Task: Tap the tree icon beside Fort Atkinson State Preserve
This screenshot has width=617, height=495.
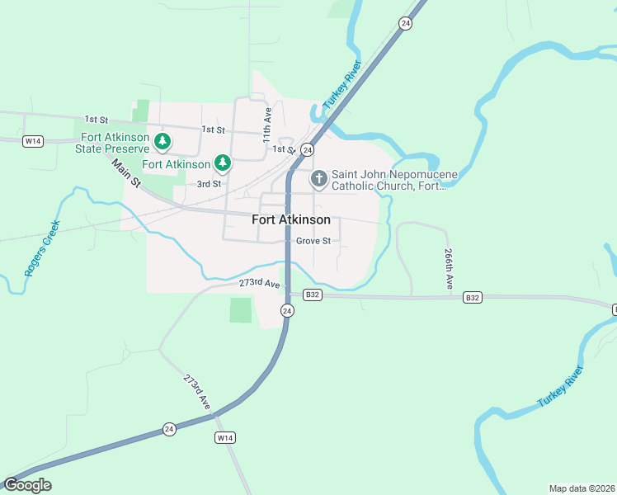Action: coord(163,142)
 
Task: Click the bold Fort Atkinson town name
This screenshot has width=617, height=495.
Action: coord(290,219)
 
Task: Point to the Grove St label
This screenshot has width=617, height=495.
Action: coord(313,241)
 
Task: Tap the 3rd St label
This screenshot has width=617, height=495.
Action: coord(209,184)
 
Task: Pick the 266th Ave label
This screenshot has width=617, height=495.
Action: coord(448,269)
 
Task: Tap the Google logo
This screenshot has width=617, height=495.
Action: coord(27,485)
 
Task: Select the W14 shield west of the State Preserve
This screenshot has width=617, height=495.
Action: coord(32,141)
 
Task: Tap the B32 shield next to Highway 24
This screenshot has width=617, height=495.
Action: coord(311,295)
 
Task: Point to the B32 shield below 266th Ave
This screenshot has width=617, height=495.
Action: coord(472,297)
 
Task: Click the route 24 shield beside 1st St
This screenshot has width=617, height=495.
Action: coord(307,149)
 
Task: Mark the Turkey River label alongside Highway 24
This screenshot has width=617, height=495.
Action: coord(343,87)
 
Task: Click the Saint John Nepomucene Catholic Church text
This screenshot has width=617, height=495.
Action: coord(389,181)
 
